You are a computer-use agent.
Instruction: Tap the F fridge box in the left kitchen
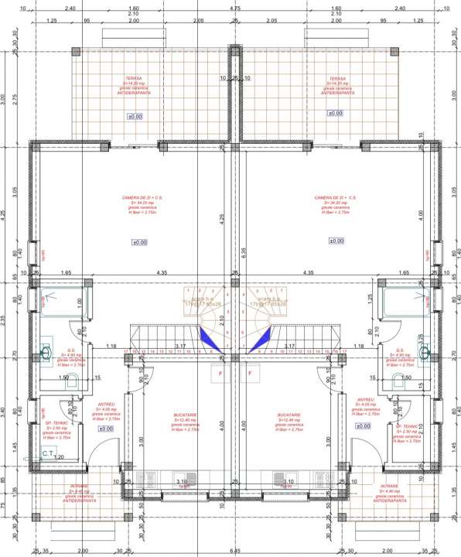[x=219, y=374]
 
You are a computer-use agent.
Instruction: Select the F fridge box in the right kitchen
[x=251, y=374]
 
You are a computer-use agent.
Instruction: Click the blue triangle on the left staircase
[x=207, y=337]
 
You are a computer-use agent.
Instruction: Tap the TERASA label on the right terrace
[x=336, y=78]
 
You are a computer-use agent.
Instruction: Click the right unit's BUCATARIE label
[x=288, y=416]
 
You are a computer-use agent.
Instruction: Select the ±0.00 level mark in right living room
[x=336, y=241]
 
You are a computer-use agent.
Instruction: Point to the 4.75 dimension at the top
[x=234, y=8]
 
